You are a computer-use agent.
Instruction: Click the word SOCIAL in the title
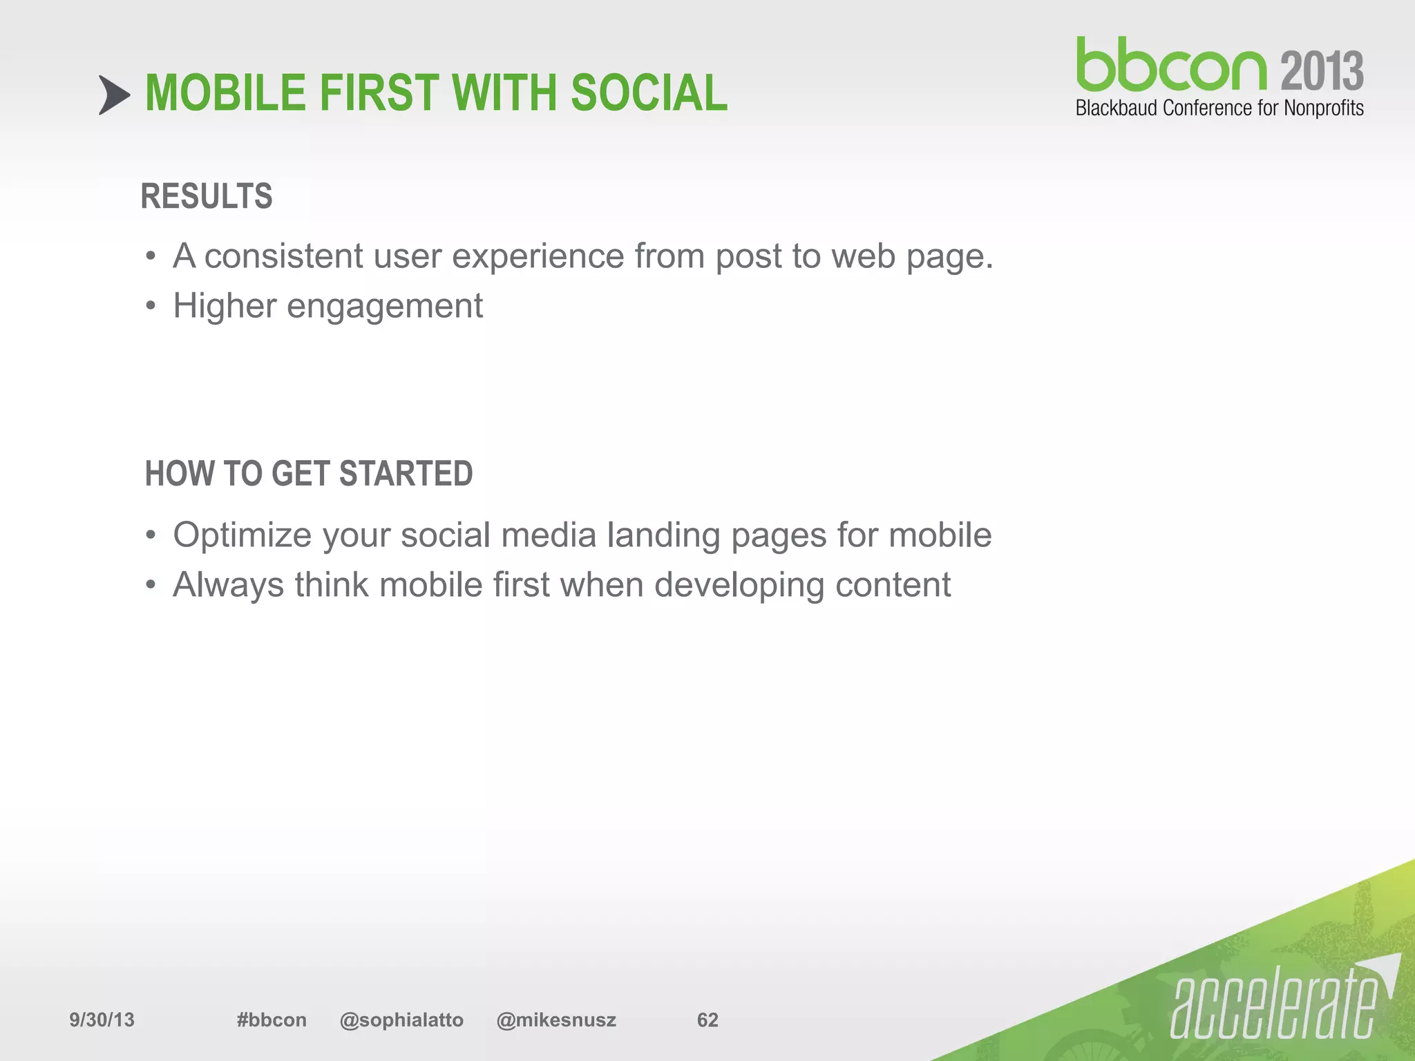(649, 93)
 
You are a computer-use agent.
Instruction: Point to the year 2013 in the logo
(1322, 71)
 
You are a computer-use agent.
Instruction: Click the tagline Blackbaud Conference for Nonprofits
(1219, 108)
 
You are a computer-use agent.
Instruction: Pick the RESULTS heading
(207, 196)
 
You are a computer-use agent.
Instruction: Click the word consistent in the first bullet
(283, 256)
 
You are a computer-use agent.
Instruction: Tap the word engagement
(384, 307)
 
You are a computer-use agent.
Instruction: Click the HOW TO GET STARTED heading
(309, 474)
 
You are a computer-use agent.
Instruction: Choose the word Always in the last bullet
(228, 585)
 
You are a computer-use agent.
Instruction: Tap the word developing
(739, 586)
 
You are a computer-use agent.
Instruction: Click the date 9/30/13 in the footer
(102, 1020)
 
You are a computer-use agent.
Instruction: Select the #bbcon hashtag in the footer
(271, 1020)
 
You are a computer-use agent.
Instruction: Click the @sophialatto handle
(401, 1020)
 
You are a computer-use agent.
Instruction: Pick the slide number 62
(707, 1020)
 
